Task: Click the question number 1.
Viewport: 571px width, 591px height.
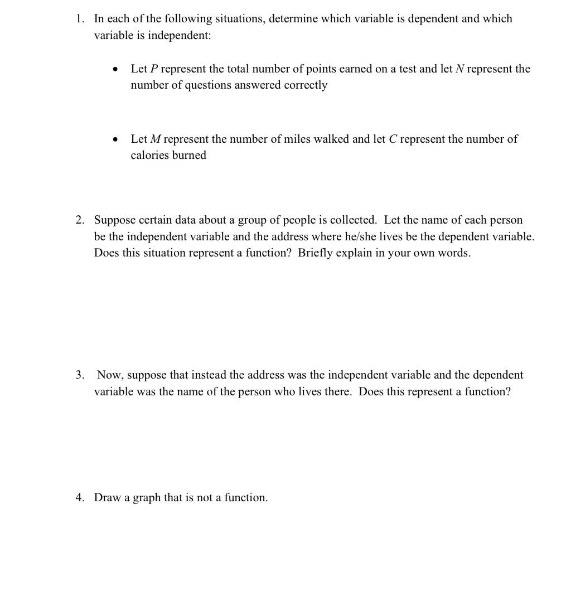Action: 80,19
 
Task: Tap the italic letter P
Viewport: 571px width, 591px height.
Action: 154,69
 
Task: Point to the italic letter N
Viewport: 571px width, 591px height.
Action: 460,69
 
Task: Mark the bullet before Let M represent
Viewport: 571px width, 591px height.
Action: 115,139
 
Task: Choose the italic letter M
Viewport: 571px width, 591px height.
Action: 156,139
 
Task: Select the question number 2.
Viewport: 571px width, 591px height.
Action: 80,220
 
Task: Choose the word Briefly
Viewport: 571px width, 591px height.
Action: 316,253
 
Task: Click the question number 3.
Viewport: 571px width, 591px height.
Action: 80,375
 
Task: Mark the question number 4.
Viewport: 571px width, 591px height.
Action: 80,497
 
